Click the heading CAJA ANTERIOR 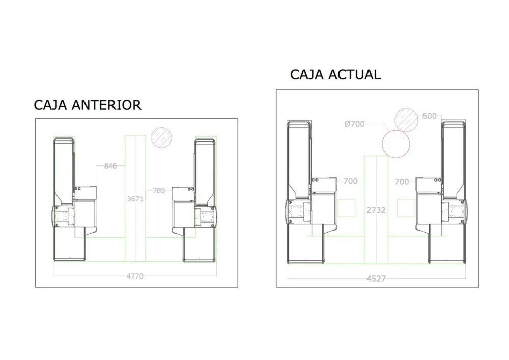[x=87, y=105]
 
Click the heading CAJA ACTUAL [x=335, y=75]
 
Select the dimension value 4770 [x=135, y=276]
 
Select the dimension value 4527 [x=376, y=279]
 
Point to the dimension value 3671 [x=135, y=199]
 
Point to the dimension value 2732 [x=376, y=210]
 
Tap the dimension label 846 [x=110, y=166]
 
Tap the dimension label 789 [x=159, y=191]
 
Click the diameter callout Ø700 [x=354, y=124]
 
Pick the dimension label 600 [x=429, y=116]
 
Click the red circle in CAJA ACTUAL [x=396, y=143]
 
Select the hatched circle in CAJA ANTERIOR [x=162, y=137]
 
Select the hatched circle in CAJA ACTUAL [x=406, y=119]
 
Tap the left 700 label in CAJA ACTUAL [x=350, y=181]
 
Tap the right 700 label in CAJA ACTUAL [x=402, y=182]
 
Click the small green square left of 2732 [x=347, y=208]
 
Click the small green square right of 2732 [x=406, y=208]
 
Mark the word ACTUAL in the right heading [x=355, y=75]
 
